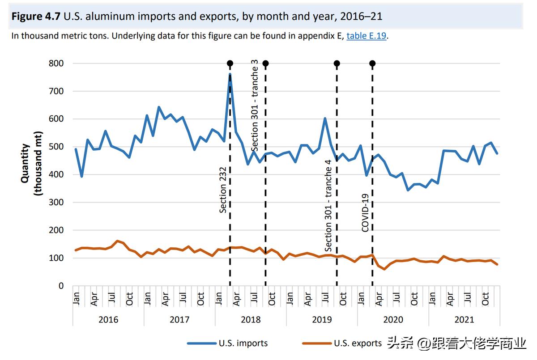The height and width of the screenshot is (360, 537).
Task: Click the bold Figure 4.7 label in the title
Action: click(x=36, y=17)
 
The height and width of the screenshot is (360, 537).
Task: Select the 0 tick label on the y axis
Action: click(x=61, y=286)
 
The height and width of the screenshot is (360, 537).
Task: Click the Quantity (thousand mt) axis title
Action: click(x=31, y=163)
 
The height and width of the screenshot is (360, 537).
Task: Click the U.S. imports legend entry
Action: click(x=228, y=343)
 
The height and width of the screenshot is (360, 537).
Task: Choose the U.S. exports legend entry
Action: click(x=343, y=343)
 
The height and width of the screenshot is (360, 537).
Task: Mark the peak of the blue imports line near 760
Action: click(x=230, y=74)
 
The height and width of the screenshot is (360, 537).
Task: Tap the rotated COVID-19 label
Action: click(x=365, y=212)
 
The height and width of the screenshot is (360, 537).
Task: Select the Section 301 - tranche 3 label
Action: click(x=255, y=106)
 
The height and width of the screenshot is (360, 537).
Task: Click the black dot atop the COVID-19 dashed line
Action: click(x=372, y=64)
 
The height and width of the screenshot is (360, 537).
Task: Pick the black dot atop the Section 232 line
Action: click(x=230, y=64)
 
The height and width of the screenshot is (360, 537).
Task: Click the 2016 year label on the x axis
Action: click(x=108, y=320)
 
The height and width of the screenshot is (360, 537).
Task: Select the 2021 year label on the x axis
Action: click(x=464, y=320)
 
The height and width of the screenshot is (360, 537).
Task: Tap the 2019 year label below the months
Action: click(x=322, y=320)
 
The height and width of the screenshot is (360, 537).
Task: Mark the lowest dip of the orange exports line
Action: click(x=384, y=269)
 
